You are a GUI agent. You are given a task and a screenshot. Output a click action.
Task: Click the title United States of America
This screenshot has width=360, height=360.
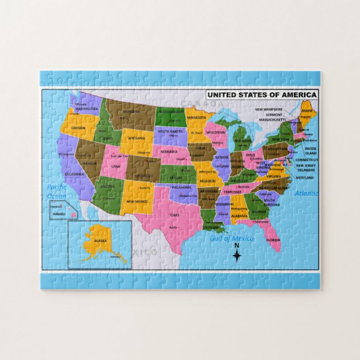tap(262, 95)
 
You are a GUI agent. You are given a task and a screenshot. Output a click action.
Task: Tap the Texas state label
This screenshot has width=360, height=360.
tap(174, 215)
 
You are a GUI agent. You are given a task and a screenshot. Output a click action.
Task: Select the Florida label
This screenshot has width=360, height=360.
tap(273, 240)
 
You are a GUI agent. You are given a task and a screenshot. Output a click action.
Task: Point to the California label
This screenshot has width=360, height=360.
tap(74, 174)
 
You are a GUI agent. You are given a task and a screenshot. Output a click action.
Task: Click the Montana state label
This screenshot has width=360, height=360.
tap(131, 111)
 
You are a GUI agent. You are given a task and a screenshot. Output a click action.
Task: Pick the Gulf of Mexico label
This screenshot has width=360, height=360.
tap(231, 239)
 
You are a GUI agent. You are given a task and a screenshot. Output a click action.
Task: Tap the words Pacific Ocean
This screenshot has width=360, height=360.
tap(56, 191)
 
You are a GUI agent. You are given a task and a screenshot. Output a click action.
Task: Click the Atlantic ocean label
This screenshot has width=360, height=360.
tap(306, 193)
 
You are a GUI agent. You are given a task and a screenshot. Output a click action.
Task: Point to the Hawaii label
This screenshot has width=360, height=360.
tap(59, 214)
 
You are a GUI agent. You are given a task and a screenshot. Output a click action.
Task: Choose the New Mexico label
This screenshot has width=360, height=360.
tap(137, 201)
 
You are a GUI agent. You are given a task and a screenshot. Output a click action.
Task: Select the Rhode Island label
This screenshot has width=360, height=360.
tap(310, 151)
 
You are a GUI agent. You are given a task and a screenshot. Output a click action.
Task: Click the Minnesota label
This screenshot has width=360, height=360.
tap(198, 119)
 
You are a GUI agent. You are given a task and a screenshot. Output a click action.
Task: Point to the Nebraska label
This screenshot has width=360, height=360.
tap(169, 151)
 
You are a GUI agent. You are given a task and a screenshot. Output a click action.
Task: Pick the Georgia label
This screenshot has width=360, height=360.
tap(258, 212)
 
